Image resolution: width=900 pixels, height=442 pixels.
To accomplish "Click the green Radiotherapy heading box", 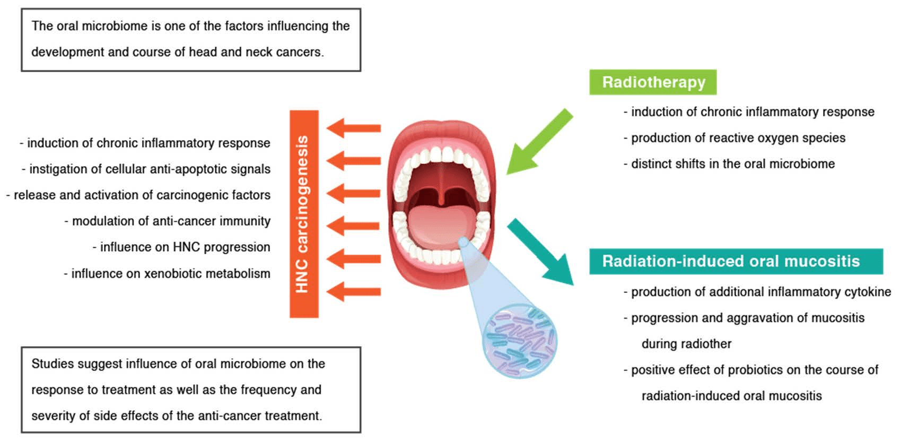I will tap(653, 82).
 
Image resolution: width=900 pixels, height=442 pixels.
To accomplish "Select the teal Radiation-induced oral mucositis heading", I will tap(735, 261).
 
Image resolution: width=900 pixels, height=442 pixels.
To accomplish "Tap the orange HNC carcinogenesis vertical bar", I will tap(304, 214).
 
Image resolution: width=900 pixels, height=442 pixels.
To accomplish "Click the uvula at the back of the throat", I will tap(441, 197).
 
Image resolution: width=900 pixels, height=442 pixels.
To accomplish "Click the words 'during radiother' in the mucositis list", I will tap(686, 344).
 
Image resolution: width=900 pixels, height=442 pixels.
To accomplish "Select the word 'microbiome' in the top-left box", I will tap(114, 26).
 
